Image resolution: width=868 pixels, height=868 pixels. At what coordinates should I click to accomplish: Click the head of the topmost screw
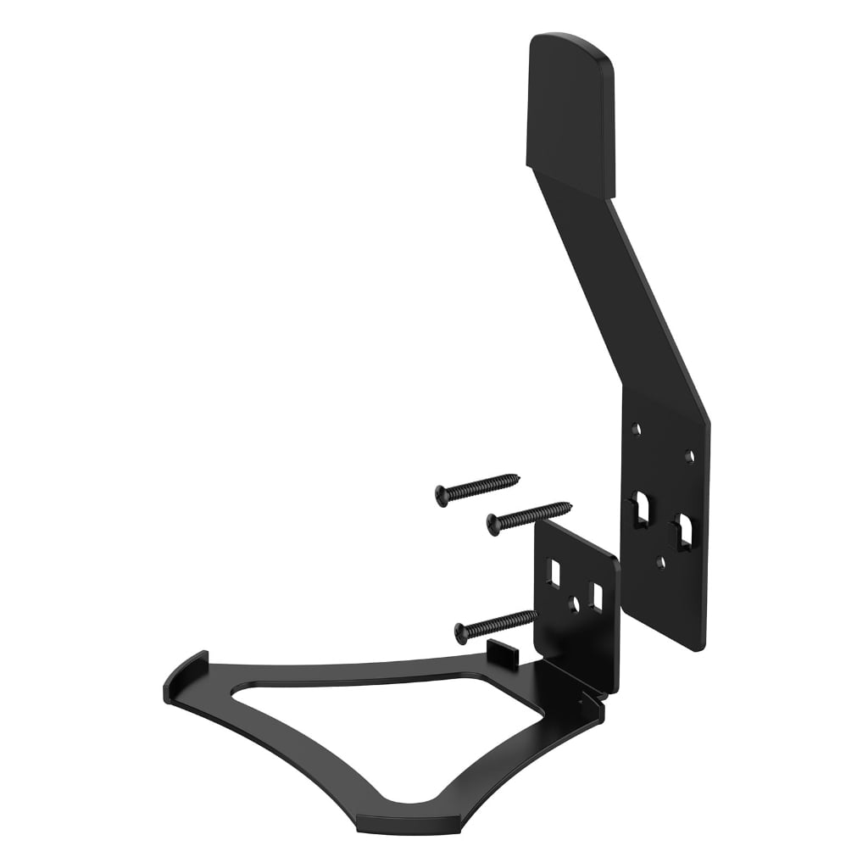pos(442,495)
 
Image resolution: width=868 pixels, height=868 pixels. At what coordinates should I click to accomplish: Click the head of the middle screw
pos(493,524)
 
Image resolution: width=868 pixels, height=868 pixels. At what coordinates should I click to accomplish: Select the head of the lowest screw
pos(462,632)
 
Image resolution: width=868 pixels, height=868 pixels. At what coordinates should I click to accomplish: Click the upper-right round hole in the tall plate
pos(689,456)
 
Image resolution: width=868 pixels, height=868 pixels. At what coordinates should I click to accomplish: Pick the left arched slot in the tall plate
pos(642,508)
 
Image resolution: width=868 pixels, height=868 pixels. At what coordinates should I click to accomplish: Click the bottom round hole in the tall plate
pos(661,560)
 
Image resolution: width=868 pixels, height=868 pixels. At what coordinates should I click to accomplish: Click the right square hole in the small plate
pos(598,598)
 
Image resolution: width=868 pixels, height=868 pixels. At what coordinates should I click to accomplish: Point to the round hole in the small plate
pos(575,604)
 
